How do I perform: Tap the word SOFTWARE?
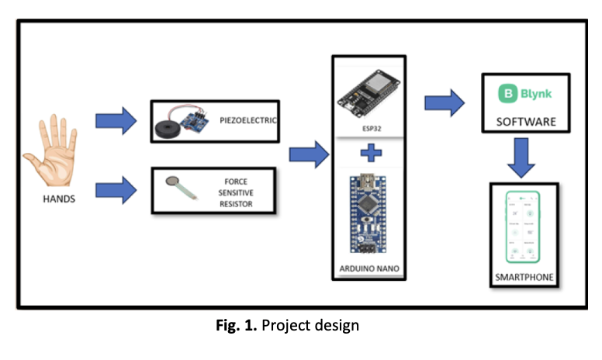[526, 123]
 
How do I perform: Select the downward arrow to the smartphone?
[524, 158]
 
